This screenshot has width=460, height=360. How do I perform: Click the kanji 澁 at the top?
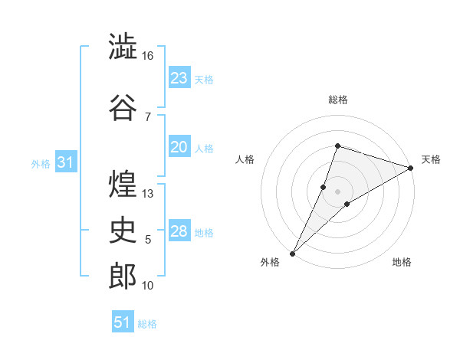click(x=123, y=46)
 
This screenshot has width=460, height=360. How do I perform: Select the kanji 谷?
click(x=123, y=107)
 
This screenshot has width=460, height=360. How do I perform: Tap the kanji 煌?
click(x=123, y=184)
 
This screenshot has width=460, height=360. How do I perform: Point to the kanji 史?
click(x=123, y=230)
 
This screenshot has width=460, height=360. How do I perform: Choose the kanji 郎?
click(x=123, y=276)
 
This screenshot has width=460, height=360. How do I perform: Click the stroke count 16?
click(x=147, y=56)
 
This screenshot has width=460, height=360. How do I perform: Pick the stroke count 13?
click(x=147, y=194)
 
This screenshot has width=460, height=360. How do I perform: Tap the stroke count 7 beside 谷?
click(x=148, y=117)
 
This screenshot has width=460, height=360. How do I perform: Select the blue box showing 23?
click(x=179, y=77)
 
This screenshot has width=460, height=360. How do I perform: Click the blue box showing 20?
click(x=179, y=146)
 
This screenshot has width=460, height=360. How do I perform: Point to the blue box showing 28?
click(x=179, y=230)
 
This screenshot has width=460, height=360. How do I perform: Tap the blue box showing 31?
click(x=66, y=162)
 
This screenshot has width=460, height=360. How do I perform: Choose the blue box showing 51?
click(x=123, y=321)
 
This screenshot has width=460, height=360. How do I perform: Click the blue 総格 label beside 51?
click(x=147, y=324)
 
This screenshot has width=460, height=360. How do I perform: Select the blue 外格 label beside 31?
click(x=41, y=164)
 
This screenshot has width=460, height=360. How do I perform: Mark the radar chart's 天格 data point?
click(x=411, y=168)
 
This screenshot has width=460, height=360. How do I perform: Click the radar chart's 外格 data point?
click(x=293, y=254)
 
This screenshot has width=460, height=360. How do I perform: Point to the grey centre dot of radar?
click(x=337, y=191)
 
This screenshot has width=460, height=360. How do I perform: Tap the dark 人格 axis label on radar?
click(x=245, y=159)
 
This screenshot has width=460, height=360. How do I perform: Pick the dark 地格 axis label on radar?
click(x=402, y=262)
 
